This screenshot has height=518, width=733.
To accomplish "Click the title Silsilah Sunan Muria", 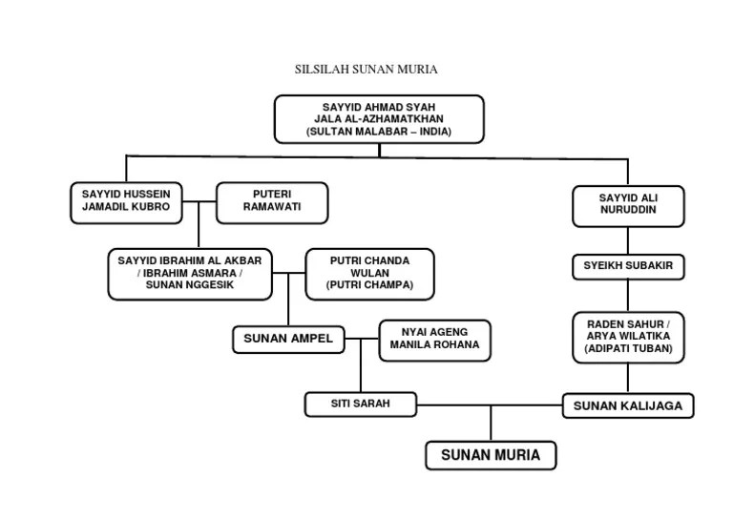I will click(x=366, y=70).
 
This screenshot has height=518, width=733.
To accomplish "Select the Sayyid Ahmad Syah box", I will click(x=379, y=118).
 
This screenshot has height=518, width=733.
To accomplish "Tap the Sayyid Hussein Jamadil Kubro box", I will click(x=126, y=201).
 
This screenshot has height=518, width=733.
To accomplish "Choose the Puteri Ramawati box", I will click(x=272, y=201).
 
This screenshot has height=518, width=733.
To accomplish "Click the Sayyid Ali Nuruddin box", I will click(x=628, y=205).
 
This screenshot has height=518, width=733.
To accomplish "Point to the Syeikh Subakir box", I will click(x=628, y=266).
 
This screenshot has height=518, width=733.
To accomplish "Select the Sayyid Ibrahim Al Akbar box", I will click(x=190, y=274).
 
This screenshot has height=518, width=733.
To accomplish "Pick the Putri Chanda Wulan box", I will click(x=369, y=274).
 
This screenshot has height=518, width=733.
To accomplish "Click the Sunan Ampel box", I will click(x=288, y=339).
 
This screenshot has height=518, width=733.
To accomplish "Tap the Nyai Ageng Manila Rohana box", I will click(x=435, y=340).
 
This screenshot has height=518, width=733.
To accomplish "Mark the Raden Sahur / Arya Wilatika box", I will click(x=628, y=336).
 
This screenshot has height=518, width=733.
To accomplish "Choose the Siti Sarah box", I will click(x=361, y=404).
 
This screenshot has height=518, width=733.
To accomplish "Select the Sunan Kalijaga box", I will click(x=627, y=405).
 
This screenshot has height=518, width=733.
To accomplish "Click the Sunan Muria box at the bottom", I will click(x=491, y=455).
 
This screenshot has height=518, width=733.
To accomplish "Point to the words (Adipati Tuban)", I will click(x=628, y=350).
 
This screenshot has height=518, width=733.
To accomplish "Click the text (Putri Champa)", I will click(x=369, y=285).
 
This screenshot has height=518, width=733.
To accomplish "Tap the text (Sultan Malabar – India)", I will click(x=379, y=132).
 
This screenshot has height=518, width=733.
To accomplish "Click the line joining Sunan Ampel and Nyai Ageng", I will click(x=362, y=339).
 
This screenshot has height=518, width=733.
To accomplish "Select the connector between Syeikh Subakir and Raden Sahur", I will click(x=628, y=295).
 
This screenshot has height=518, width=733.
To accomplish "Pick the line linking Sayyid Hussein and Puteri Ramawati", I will click(x=199, y=201).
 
